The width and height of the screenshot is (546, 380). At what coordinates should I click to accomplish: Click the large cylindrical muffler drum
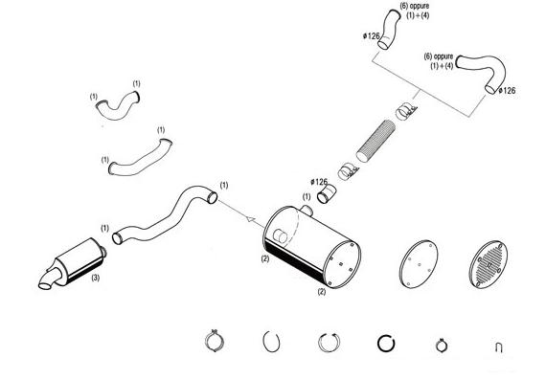pos(311,248)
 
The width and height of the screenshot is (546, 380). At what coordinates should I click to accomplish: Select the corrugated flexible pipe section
pos(376,141)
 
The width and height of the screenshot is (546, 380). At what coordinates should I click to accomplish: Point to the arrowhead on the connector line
pos(250,219)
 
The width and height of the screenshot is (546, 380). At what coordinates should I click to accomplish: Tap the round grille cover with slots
pos(489,264)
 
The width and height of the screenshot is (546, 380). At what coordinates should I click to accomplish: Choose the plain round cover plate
pos(419,264)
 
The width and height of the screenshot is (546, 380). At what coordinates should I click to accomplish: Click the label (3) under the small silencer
pos(96,278)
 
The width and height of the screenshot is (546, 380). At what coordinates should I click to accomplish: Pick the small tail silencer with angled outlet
pos(73,263)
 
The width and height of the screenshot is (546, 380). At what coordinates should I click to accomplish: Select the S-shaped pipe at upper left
pos(118,105)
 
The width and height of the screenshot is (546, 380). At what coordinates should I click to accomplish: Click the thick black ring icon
pos(386,344)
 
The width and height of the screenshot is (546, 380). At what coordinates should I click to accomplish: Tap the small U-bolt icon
pos(499,347)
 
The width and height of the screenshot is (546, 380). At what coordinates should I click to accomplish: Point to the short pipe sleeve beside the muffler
pos(327,194)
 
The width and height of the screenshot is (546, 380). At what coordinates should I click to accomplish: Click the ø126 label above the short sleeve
pos(319,182)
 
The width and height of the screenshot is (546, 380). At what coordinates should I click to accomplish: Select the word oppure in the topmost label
pos(420,6)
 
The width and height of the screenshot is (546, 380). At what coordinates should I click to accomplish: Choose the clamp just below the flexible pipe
pos(348,171)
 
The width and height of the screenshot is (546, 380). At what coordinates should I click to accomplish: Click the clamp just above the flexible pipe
pos(406,111)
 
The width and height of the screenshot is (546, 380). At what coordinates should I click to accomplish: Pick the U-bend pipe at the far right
pos(483,72)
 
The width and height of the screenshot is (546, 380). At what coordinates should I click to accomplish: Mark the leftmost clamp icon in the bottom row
pos(215,341)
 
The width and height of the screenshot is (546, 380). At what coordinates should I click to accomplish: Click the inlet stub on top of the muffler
pos(307,210)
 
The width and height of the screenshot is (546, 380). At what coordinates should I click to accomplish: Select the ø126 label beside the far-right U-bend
pos(507,91)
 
